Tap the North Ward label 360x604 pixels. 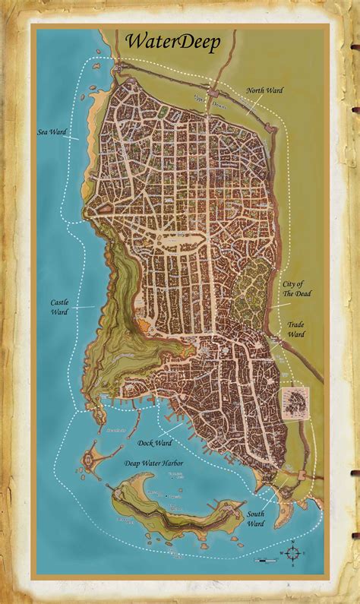point(264,91)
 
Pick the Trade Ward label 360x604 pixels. point(295,329)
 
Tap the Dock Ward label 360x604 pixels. point(156,442)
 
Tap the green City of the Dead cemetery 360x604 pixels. point(251,285)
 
